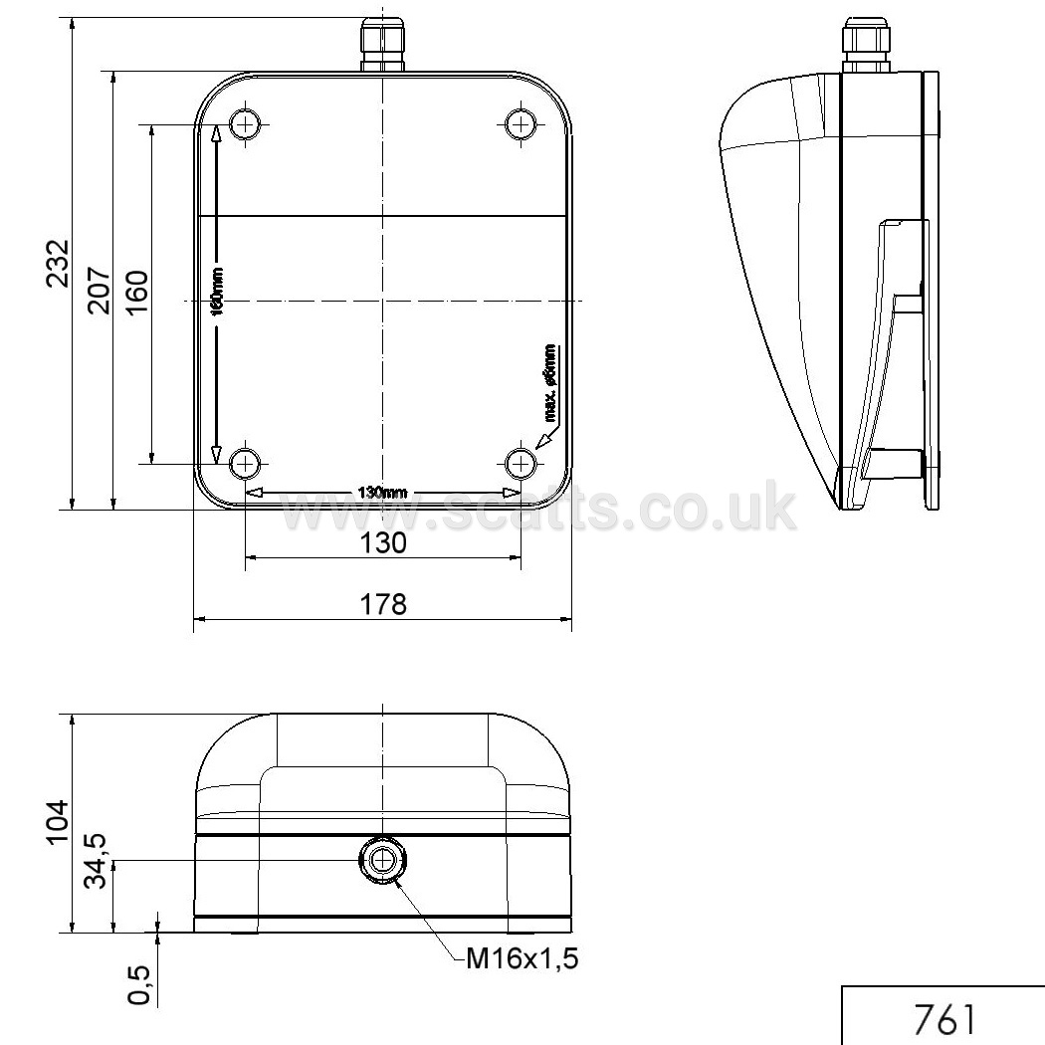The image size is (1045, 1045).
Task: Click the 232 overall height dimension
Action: (58, 264)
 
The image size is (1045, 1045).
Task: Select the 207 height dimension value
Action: (100, 291)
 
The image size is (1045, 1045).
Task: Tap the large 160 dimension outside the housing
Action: (136, 294)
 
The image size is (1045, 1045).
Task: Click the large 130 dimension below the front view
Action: (383, 543)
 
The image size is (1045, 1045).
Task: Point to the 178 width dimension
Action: (383, 604)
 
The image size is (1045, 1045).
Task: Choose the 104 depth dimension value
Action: (58, 822)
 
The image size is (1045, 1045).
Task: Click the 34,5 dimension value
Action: (96, 861)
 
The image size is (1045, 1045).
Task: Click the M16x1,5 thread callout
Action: (522, 958)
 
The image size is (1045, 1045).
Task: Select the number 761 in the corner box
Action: (944, 1019)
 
